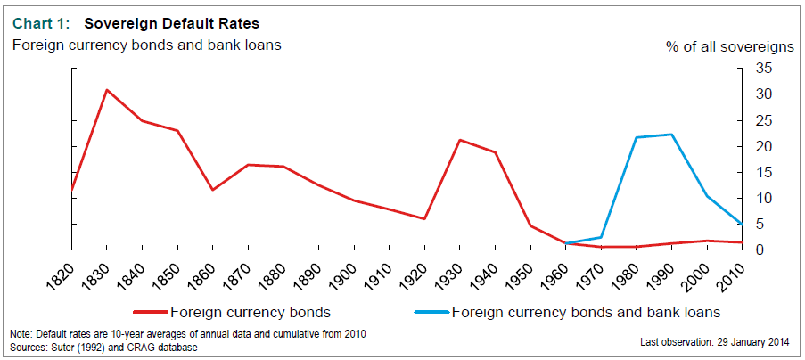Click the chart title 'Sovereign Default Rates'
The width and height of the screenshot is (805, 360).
point(171,21)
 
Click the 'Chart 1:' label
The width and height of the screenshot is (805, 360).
point(40,21)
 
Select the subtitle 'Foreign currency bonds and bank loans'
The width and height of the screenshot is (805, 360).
point(146,44)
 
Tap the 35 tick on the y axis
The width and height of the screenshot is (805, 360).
point(762,68)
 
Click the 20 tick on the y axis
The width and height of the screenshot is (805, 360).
point(762,146)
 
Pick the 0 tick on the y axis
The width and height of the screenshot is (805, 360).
point(759,250)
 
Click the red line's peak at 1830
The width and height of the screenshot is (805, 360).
point(106,90)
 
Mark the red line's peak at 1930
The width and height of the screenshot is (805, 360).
point(460,140)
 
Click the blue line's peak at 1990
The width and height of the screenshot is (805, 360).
point(671,135)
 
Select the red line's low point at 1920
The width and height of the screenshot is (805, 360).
point(424,219)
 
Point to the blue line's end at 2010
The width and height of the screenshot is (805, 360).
point(742,224)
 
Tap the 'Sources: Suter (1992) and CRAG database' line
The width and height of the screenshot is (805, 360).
point(103,346)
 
